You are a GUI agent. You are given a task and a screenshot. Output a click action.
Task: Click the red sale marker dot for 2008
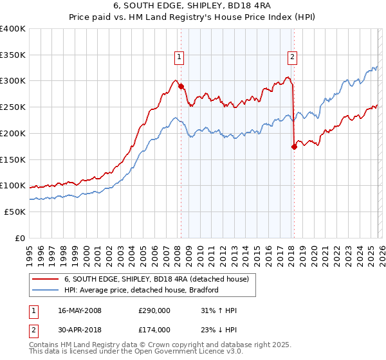click(181, 86)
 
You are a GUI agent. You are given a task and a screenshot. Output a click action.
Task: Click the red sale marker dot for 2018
click(294, 147)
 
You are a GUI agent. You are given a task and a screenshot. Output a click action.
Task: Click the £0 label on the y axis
click(20, 238)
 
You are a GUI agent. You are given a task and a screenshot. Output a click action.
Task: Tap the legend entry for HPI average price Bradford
click(141, 290)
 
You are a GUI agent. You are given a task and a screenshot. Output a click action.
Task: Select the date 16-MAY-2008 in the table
click(80, 310)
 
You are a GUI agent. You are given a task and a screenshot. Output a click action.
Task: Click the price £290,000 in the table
click(154, 310)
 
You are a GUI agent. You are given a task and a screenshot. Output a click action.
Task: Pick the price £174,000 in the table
click(154, 329)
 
